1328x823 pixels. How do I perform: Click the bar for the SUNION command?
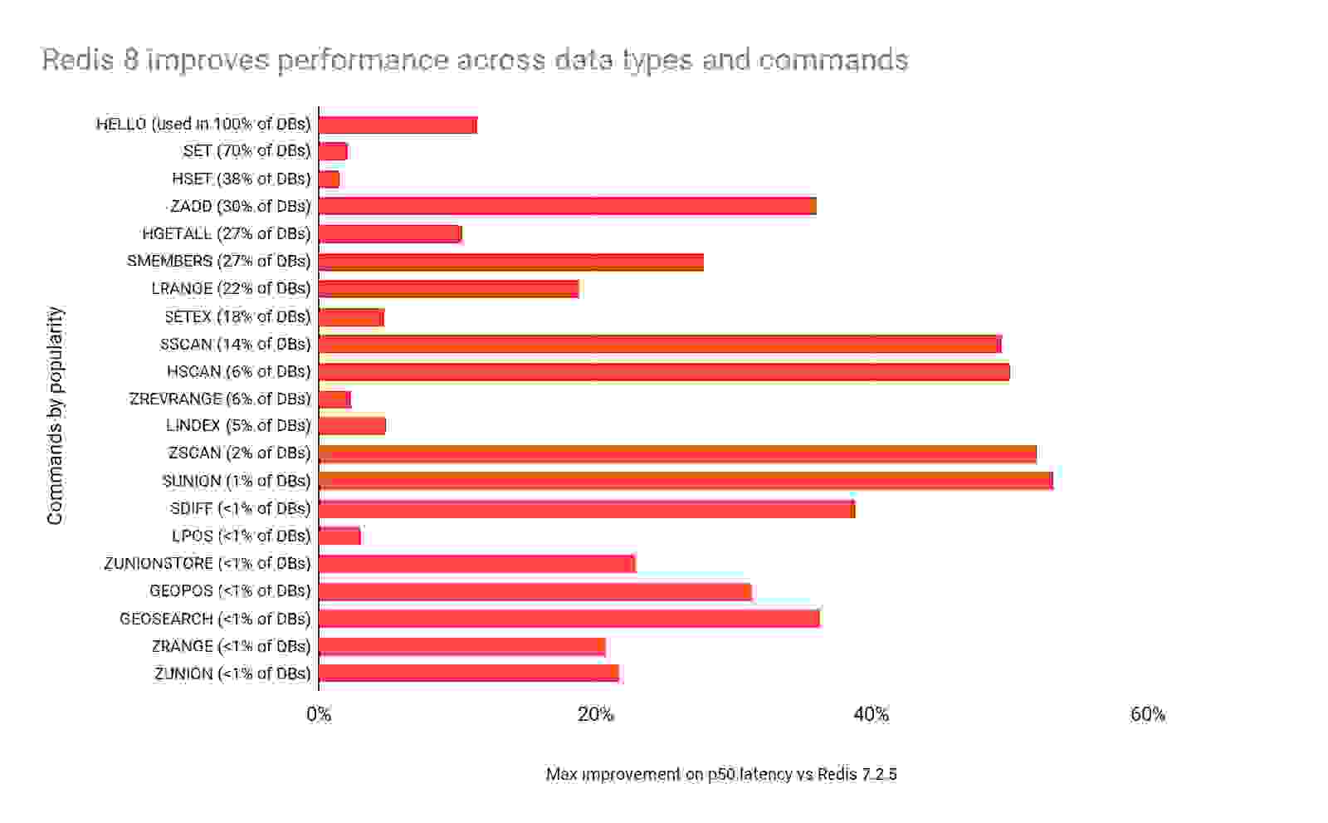coord(686,481)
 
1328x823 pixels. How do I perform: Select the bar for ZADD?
coord(567,206)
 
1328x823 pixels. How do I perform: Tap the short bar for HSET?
coord(329,179)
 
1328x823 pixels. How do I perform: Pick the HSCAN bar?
coord(664,371)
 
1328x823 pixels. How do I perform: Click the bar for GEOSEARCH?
coord(569,619)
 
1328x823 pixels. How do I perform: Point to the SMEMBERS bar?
coord(510,262)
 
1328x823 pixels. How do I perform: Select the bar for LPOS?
coord(339,536)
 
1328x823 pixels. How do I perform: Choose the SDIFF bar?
coord(586,508)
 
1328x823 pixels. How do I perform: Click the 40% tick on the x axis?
coord(871,714)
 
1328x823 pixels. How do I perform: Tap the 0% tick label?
coord(319,714)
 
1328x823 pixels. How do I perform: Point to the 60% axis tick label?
coord(1147,714)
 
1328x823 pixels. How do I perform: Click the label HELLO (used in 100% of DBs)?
coord(203,124)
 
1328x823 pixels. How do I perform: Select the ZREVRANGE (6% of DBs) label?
coord(220,399)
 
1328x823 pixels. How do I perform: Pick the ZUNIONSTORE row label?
coord(207,563)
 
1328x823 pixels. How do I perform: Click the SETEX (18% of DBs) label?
coord(237,316)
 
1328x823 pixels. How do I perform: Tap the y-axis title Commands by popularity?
coord(55,415)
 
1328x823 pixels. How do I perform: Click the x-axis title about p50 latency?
coord(720,774)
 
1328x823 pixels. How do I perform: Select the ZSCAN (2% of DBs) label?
coord(239,453)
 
